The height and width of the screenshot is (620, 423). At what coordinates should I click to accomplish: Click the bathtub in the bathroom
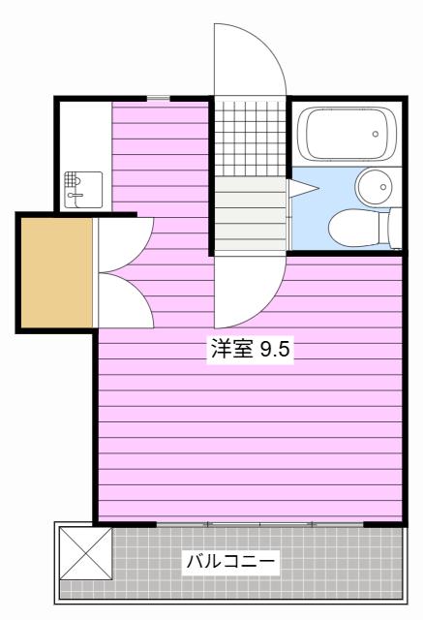click(347, 134)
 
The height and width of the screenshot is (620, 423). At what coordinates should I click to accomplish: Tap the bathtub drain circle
click(376, 134)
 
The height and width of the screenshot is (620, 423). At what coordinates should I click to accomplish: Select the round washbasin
click(374, 187)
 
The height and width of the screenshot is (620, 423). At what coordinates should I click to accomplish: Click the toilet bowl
click(353, 229)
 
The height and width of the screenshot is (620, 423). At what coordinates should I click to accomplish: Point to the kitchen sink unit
click(83, 190)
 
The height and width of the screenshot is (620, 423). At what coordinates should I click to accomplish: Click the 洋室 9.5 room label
click(250, 350)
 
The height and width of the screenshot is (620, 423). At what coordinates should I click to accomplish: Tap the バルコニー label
click(230, 562)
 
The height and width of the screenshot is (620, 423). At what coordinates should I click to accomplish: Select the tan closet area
click(57, 273)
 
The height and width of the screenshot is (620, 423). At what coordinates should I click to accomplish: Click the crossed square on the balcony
click(85, 553)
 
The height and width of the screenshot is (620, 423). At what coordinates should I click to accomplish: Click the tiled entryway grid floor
click(250, 139)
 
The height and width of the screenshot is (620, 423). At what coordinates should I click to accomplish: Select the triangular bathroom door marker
click(303, 188)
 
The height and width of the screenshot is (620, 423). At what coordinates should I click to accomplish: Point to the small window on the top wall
click(159, 98)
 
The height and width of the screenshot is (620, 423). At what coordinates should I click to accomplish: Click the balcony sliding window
click(259, 524)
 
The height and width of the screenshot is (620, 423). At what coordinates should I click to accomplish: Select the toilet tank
click(390, 229)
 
